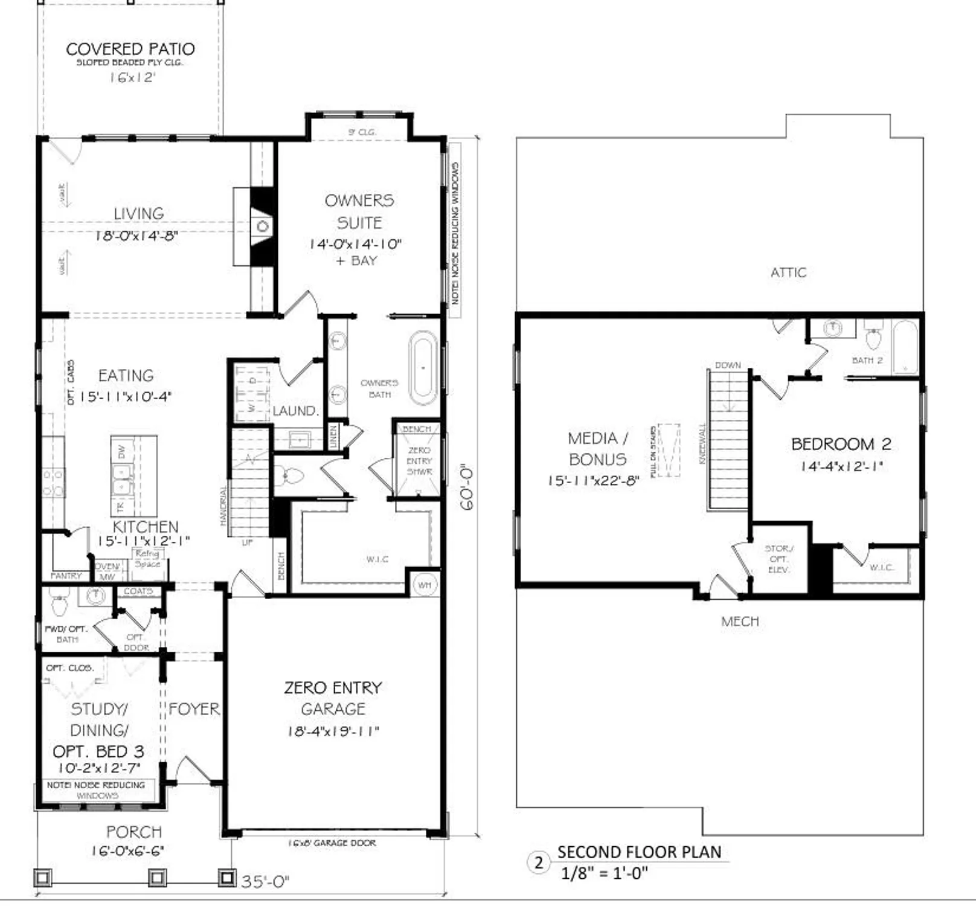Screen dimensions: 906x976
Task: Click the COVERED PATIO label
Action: pyautogui.click(x=130, y=49)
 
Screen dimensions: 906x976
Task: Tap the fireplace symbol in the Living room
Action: pyautogui.click(x=262, y=226)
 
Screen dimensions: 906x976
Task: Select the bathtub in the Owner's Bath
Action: pyautogui.click(x=423, y=368)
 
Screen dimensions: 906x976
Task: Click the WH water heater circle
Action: pyautogui.click(x=425, y=585)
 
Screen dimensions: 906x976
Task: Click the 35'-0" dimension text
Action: pyautogui.click(x=265, y=881)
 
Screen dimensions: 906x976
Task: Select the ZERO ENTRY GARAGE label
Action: pyautogui.click(x=333, y=698)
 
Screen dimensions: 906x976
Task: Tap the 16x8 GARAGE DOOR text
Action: pyautogui.click(x=332, y=843)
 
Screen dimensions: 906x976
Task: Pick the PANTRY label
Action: pyautogui.click(x=66, y=576)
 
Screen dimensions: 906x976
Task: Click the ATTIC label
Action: pyautogui.click(x=788, y=272)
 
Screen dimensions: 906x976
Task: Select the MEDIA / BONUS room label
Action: pyautogui.click(x=597, y=448)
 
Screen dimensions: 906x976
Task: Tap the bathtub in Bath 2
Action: pyautogui.click(x=905, y=347)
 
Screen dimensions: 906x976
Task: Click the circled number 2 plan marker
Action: pyautogui.click(x=539, y=862)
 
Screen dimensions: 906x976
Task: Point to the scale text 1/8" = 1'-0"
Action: pyautogui.click(x=604, y=873)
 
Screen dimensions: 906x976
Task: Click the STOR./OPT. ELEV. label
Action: pyautogui.click(x=779, y=559)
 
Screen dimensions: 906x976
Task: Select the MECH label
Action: pyautogui.click(x=740, y=621)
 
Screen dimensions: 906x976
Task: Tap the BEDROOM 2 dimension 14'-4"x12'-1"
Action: pyautogui.click(x=841, y=466)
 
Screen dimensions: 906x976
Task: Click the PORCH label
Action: pyautogui.click(x=133, y=832)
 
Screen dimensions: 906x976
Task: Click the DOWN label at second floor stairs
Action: pyautogui.click(x=727, y=365)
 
